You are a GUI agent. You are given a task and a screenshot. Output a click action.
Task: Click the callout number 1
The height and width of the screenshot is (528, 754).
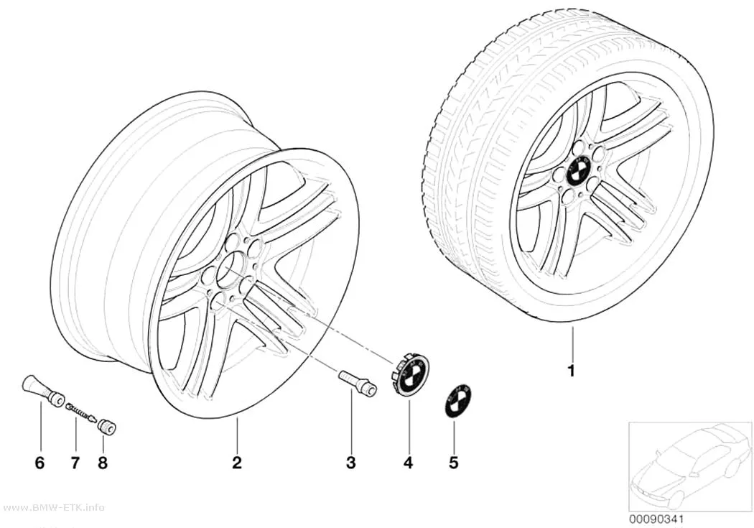point(572,371)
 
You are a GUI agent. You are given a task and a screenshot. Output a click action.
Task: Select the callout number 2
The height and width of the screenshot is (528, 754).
point(236,463)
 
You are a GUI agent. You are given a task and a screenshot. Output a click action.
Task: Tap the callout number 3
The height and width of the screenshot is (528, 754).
point(351,463)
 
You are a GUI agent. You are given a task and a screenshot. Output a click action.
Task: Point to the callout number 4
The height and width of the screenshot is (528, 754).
point(409,463)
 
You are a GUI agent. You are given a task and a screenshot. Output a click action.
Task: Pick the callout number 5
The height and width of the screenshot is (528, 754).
point(453,463)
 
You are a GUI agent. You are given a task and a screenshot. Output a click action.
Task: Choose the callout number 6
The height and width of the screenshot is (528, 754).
point(40,463)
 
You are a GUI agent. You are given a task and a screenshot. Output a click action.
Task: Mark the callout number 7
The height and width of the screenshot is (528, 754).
point(75,463)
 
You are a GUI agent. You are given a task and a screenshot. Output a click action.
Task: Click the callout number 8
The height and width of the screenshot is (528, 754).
point(103,463)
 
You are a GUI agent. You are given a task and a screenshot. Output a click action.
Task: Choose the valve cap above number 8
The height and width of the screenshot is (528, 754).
point(108,427)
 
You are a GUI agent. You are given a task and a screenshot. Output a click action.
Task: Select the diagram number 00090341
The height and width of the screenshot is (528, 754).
point(656,519)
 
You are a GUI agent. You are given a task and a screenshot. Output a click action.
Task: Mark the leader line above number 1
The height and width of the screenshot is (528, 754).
point(572,344)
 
